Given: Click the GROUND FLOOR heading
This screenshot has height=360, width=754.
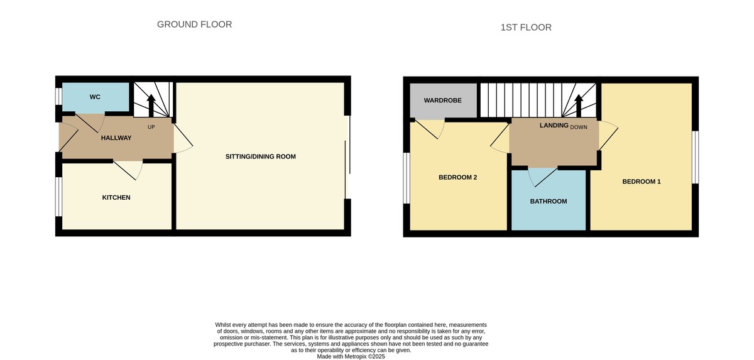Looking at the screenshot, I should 194,25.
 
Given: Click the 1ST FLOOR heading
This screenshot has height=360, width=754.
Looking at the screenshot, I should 526,28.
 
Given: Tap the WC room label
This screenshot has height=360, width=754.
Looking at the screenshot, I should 95,97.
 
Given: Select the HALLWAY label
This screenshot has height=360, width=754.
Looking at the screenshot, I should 116,138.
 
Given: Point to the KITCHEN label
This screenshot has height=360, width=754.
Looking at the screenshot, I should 116,197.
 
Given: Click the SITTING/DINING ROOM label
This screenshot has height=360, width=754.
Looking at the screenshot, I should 260,156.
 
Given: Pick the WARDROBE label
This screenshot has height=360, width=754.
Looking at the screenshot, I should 443,101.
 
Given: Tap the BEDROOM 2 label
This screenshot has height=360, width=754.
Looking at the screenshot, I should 457,177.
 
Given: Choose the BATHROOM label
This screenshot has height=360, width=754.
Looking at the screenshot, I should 549,202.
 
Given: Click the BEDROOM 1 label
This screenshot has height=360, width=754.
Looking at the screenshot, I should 642,182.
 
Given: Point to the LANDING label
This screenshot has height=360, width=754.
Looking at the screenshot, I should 554,126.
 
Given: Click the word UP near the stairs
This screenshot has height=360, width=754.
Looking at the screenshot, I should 151,127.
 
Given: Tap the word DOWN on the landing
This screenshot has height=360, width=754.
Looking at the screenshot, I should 579,127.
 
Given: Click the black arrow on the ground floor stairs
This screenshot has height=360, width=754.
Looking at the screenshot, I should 151,104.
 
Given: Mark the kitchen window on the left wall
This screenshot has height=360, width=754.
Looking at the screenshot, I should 58,197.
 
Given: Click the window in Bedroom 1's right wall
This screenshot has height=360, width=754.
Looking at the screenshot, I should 696,157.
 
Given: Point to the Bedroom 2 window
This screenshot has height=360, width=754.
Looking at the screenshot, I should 407,178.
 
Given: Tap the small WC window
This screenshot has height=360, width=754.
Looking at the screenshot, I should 58,96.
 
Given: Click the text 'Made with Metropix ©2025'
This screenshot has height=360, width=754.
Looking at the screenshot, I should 351,356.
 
